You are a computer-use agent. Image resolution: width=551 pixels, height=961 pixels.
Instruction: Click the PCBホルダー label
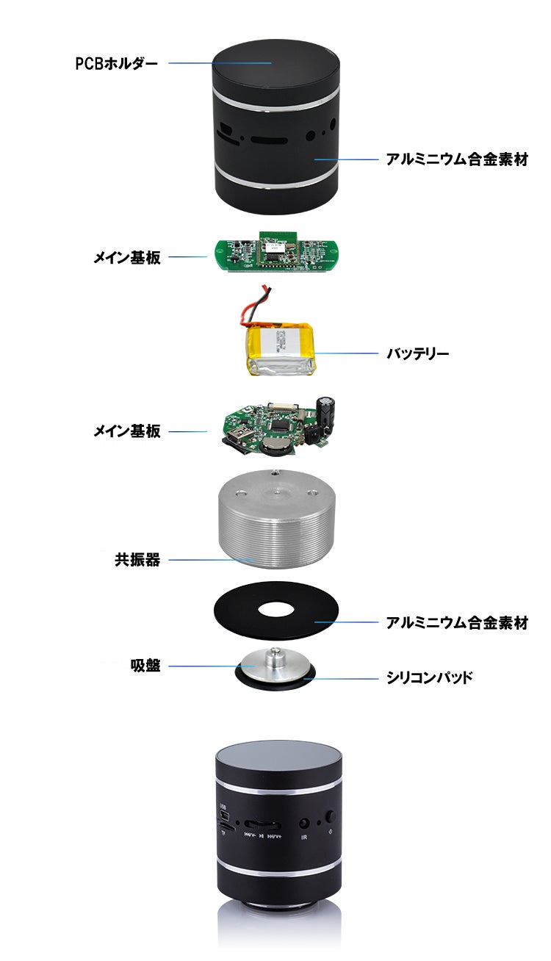tap(116, 63)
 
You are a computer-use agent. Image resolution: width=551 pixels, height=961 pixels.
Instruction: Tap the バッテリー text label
tap(418, 353)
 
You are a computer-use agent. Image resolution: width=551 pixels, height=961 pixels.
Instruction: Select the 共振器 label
tap(137, 560)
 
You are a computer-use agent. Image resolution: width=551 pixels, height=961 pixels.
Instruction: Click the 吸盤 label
tap(145, 666)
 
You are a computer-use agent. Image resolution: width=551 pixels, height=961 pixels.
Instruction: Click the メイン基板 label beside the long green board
tap(126, 257)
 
